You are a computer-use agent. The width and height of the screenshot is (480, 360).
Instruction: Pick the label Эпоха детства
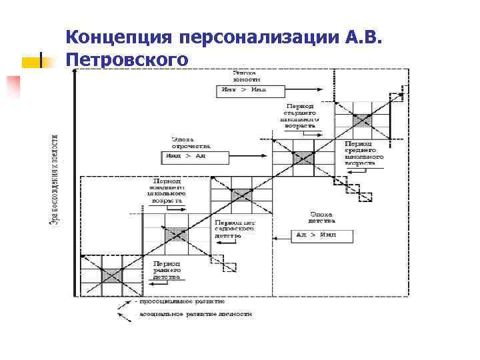tap(321, 217)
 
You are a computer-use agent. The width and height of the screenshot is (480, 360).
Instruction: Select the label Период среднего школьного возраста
tap(364, 153)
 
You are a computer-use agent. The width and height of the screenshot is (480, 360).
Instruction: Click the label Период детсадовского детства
tap(235, 228)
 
